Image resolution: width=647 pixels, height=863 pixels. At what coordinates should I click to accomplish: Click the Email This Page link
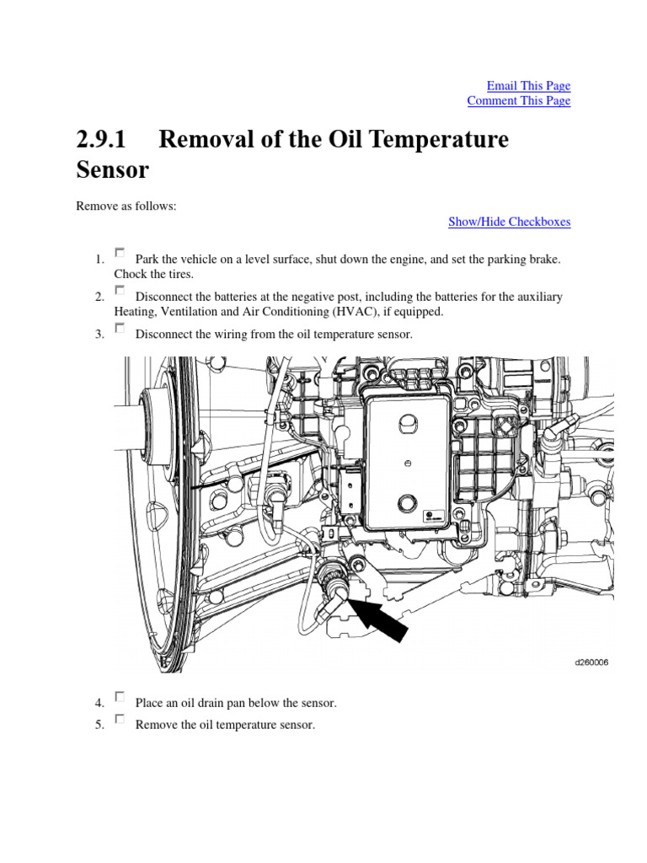528,85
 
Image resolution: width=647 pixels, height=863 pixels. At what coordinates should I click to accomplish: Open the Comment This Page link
518,100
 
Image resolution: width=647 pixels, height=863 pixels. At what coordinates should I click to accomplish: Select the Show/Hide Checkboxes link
509,222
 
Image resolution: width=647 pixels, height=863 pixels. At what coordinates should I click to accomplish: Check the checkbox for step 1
120,252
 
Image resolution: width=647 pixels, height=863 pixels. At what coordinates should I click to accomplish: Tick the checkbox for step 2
120,290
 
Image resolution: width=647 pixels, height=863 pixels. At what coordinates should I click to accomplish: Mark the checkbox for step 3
120,328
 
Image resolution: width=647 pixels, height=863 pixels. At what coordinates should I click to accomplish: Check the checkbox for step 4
120,696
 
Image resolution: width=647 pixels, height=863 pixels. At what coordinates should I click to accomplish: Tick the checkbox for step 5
120,719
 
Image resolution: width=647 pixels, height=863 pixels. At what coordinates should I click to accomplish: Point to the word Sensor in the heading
112,169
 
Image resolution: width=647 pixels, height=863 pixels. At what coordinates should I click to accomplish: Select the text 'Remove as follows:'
126,206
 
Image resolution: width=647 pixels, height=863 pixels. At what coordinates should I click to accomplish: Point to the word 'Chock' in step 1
131,274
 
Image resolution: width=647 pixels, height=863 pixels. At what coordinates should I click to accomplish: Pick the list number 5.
99,725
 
